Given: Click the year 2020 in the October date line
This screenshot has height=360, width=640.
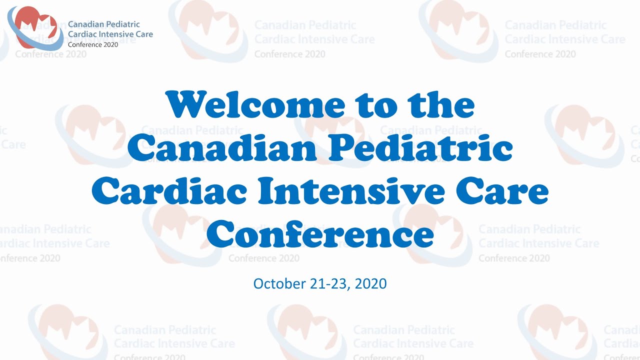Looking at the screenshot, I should click(x=370, y=284).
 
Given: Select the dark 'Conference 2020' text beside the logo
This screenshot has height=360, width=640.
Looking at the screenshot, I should click(x=93, y=44).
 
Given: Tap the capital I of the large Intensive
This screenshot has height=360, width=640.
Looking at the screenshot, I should click(x=273, y=193).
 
